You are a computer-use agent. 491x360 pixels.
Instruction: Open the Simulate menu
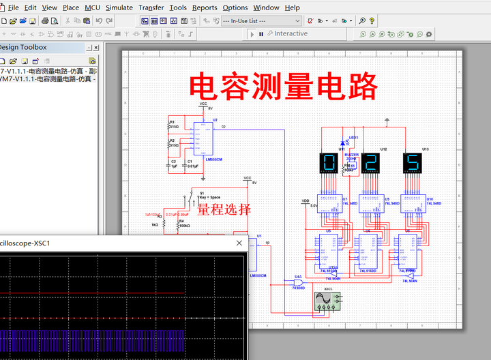[119, 7]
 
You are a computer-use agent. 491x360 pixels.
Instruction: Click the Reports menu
[205, 7]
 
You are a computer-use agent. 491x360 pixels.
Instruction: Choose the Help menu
[292, 7]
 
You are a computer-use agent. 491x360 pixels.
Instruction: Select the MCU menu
[92, 7]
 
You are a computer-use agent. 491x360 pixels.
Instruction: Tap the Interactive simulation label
[291, 34]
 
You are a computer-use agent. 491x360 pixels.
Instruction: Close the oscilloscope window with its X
[239, 243]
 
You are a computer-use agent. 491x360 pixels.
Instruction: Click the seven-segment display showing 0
[329, 163]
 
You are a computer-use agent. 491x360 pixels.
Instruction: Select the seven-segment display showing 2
[370, 163]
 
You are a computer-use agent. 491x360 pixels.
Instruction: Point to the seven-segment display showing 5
[412, 163]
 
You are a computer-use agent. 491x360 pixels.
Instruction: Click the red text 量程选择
[224, 209]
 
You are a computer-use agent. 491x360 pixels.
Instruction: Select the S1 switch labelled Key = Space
[189, 201]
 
